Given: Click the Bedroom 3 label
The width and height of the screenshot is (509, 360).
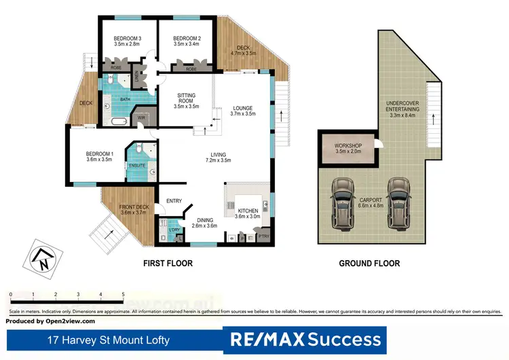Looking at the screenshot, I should click(x=127, y=38).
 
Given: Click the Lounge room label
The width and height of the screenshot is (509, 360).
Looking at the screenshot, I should click(x=242, y=107).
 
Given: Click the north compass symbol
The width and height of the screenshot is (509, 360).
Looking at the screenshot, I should click(x=42, y=258).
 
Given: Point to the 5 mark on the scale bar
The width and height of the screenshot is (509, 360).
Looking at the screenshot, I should click(x=123, y=294).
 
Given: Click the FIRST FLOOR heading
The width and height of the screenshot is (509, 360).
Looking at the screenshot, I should click(x=168, y=263).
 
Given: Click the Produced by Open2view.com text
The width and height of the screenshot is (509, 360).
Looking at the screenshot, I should click(x=50, y=321).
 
